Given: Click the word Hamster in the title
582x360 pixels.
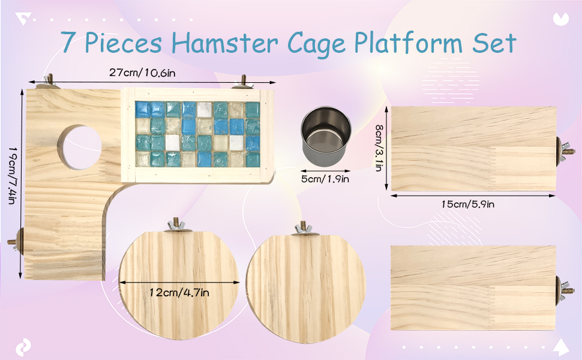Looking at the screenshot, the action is (224, 43).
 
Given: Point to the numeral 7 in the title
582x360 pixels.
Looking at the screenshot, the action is (68, 41).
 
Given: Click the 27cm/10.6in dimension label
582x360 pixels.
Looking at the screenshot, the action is (142, 73).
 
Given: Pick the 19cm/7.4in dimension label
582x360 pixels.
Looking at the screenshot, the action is (12, 175).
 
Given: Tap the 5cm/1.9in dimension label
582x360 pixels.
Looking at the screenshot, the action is (325, 179).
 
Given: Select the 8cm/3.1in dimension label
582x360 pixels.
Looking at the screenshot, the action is (379, 148).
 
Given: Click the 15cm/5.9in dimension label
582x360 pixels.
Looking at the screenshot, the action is (467, 204).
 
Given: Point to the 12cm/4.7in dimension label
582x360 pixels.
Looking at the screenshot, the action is (179, 292).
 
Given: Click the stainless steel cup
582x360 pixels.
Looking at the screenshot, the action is (326, 135).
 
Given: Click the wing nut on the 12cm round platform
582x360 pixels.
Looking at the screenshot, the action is (176, 225).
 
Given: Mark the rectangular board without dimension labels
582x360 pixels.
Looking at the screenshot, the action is (473, 287).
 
